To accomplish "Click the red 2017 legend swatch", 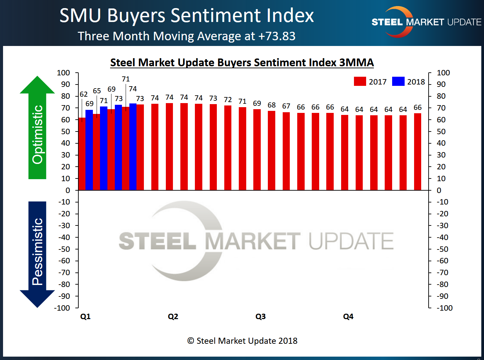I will tap(360, 81).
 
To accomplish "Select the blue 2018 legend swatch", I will tap(398, 81).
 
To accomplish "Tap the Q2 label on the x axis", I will tap(173, 316).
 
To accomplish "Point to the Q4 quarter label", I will tap(348, 316).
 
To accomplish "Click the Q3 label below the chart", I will tap(260, 316).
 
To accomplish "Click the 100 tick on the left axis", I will tap(63, 73).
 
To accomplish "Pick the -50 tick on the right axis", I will tap(442, 249).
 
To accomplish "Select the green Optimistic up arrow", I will tap(37, 128).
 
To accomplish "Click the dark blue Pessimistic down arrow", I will tap(37, 254).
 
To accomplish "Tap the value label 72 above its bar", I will tap(228, 100).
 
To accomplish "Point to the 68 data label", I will tap(272, 105).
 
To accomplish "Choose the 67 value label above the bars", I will tap(286, 106).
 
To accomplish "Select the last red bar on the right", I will tap(417, 152).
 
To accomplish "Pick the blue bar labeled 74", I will tap(133, 147).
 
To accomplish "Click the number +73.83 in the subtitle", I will tap(277, 36).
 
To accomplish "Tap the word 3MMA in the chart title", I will tap(356, 63).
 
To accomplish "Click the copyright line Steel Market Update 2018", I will tap(243, 341).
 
